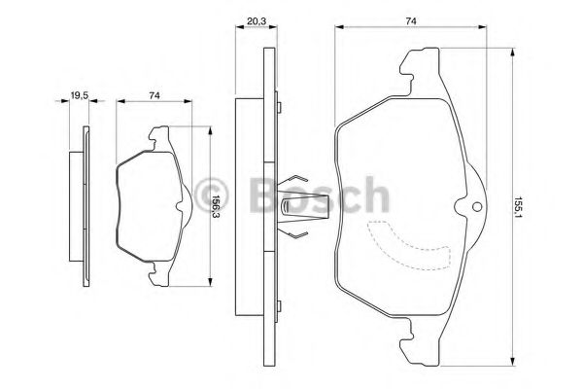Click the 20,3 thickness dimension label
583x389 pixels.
257,21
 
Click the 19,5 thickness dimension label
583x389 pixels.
80,95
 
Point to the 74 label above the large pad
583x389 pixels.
410,21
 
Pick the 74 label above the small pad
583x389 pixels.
154,95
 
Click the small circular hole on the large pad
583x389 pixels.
477,206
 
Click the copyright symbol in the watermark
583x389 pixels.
212,195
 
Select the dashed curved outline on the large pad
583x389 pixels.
409,246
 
